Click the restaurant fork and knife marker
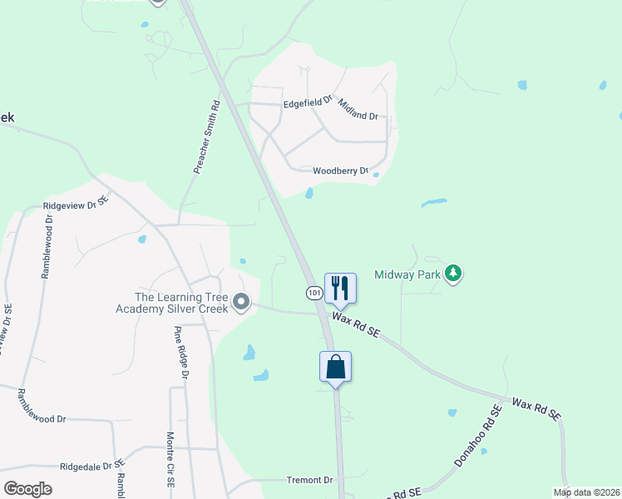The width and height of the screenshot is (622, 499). pyautogui.click(x=339, y=288)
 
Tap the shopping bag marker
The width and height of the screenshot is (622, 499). pyautogui.click(x=335, y=367)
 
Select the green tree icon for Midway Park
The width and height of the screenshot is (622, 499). pyautogui.click(x=452, y=274)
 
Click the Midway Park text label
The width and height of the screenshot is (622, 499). pyautogui.click(x=407, y=274)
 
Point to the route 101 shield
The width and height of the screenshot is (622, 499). pyautogui.click(x=313, y=293)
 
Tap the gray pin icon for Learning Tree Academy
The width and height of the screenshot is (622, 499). pyautogui.click(x=241, y=302)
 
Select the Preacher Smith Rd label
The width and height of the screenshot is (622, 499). pyautogui.click(x=205, y=138)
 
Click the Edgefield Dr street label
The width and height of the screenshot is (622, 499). pyautogui.click(x=307, y=103)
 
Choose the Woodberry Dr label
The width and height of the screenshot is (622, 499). pyautogui.click(x=340, y=171)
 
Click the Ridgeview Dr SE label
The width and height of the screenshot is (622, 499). pyautogui.click(x=76, y=203)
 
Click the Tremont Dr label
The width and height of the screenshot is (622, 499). pyautogui.click(x=309, y=480)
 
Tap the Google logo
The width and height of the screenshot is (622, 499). pyautogui.click(x=27, y=489)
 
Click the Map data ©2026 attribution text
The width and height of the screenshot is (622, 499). pyautogui.click(x=585, y=492)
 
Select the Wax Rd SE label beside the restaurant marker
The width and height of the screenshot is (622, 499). pyautogui.click(x=356, y=324)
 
